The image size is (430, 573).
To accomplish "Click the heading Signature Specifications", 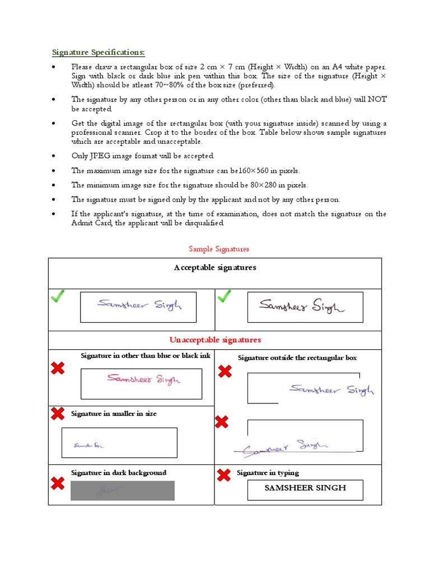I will pos(99,52).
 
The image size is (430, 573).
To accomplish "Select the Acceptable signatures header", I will pos(215,267).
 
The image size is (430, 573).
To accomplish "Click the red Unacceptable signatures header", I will pos(215,340).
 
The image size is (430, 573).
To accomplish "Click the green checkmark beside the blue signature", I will pos(57,297).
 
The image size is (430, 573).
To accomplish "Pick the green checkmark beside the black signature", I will pos(224,297).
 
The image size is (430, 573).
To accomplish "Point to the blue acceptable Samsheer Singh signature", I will pos(139,306).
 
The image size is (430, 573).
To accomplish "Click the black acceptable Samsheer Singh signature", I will pos(302,306).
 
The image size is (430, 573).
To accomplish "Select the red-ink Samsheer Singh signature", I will pos(143,379).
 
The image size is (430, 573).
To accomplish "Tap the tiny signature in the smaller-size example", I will pos(89,445).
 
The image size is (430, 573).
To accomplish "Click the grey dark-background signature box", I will pos(122,491).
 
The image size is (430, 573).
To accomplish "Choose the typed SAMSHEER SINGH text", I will pos(305,488).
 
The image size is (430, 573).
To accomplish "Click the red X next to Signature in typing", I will pos(223,475).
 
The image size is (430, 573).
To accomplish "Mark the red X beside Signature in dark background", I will pos(57,483).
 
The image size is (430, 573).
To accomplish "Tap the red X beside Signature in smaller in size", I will pos(57,414).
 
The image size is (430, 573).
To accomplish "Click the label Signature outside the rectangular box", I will pos(297,358).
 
